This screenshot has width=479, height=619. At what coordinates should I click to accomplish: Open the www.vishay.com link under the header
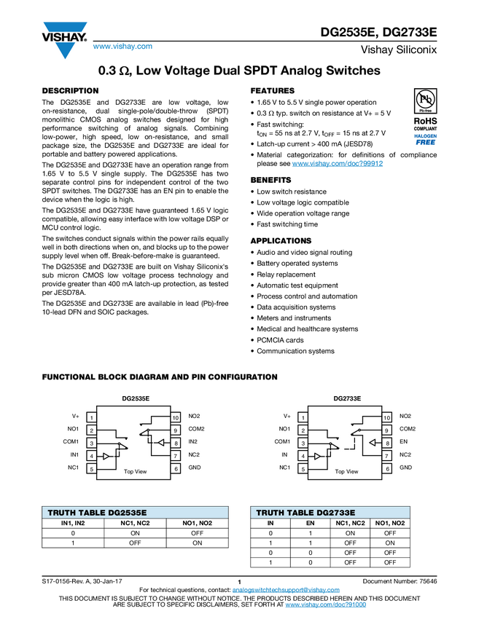coord(122,46)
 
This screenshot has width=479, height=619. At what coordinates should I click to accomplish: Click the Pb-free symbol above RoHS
coord(425,101)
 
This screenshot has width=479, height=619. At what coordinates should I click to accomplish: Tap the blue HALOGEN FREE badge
coord(425,139)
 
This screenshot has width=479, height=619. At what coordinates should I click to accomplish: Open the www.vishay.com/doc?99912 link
coord(338,163)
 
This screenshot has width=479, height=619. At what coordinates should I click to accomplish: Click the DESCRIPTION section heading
coord(70,91)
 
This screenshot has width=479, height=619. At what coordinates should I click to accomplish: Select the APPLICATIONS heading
coord(281,241)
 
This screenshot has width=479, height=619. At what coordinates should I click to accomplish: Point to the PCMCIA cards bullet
coord(280,340)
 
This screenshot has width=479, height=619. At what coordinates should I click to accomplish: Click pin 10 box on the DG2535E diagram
coord(176,417)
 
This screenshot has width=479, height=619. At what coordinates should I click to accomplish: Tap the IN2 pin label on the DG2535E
coord(193,442)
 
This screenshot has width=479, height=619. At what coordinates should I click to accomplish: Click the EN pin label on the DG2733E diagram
coord(403,442)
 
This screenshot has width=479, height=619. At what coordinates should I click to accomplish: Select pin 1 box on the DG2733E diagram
coord(303,417)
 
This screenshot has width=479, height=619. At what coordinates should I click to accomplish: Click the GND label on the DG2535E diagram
coord(195,468)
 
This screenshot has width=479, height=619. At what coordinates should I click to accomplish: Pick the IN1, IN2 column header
coord(73,523)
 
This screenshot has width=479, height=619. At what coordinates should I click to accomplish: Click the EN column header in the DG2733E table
coord(311,523)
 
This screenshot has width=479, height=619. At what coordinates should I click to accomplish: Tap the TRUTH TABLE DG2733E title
coord(305,513)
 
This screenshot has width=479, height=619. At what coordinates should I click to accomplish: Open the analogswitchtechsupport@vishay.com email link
coord(286,590)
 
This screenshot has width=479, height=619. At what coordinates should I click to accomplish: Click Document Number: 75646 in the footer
coord(400,581)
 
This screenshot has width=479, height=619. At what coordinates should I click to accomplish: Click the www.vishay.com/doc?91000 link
coord(326,604)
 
